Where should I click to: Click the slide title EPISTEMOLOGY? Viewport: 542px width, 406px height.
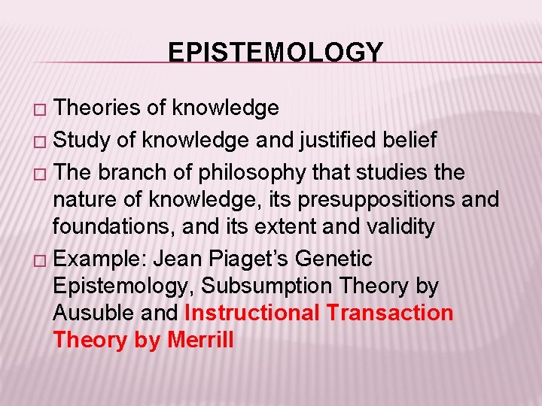(x=276, y=52)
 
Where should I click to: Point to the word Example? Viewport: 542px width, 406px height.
(x=101, y=259)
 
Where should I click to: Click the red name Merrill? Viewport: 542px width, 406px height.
(x=200, y=340)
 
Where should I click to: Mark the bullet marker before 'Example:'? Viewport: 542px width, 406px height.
(x=44, y=260)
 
